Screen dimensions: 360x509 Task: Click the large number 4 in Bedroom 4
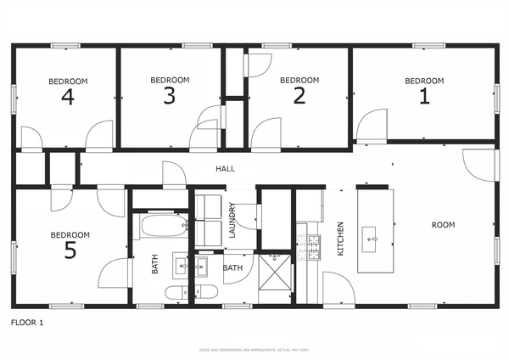68,97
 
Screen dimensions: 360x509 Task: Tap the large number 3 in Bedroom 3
170,95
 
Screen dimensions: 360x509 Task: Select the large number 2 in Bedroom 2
299,95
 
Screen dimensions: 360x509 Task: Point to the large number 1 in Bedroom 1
424,96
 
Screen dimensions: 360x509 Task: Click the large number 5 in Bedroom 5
70,250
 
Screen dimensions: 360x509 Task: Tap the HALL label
225,169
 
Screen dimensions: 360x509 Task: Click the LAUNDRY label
232,218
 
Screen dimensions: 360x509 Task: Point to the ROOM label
443,225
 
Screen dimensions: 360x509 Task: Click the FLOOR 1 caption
26,323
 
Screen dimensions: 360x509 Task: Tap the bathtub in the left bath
165,226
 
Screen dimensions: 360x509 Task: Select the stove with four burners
311,247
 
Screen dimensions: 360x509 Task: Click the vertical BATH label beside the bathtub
155,265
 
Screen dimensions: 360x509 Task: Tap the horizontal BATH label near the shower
232,268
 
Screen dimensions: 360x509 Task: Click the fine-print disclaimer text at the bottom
255,349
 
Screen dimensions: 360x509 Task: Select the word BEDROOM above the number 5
70,234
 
